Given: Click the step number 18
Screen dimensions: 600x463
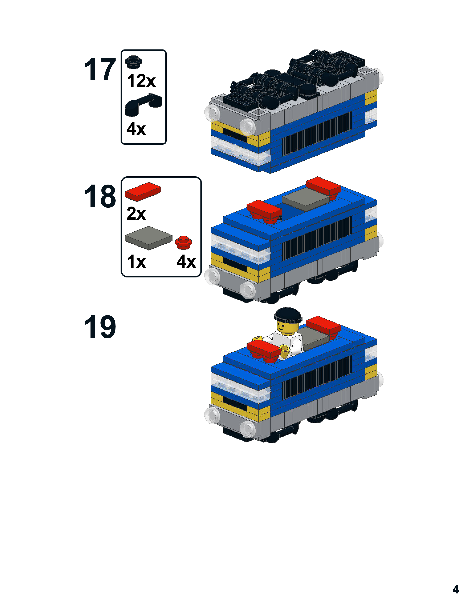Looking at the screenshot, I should point(100,196).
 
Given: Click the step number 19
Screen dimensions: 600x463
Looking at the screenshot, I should point(100,327).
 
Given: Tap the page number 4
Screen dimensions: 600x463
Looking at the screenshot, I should point(455,589).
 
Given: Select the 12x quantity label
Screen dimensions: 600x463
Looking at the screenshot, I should point(141,81).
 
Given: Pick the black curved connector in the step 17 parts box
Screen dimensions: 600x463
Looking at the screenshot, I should point(143,104).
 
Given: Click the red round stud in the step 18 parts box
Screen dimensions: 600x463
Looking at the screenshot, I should point(184,242).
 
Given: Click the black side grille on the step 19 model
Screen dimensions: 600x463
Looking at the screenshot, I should point(317,377).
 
